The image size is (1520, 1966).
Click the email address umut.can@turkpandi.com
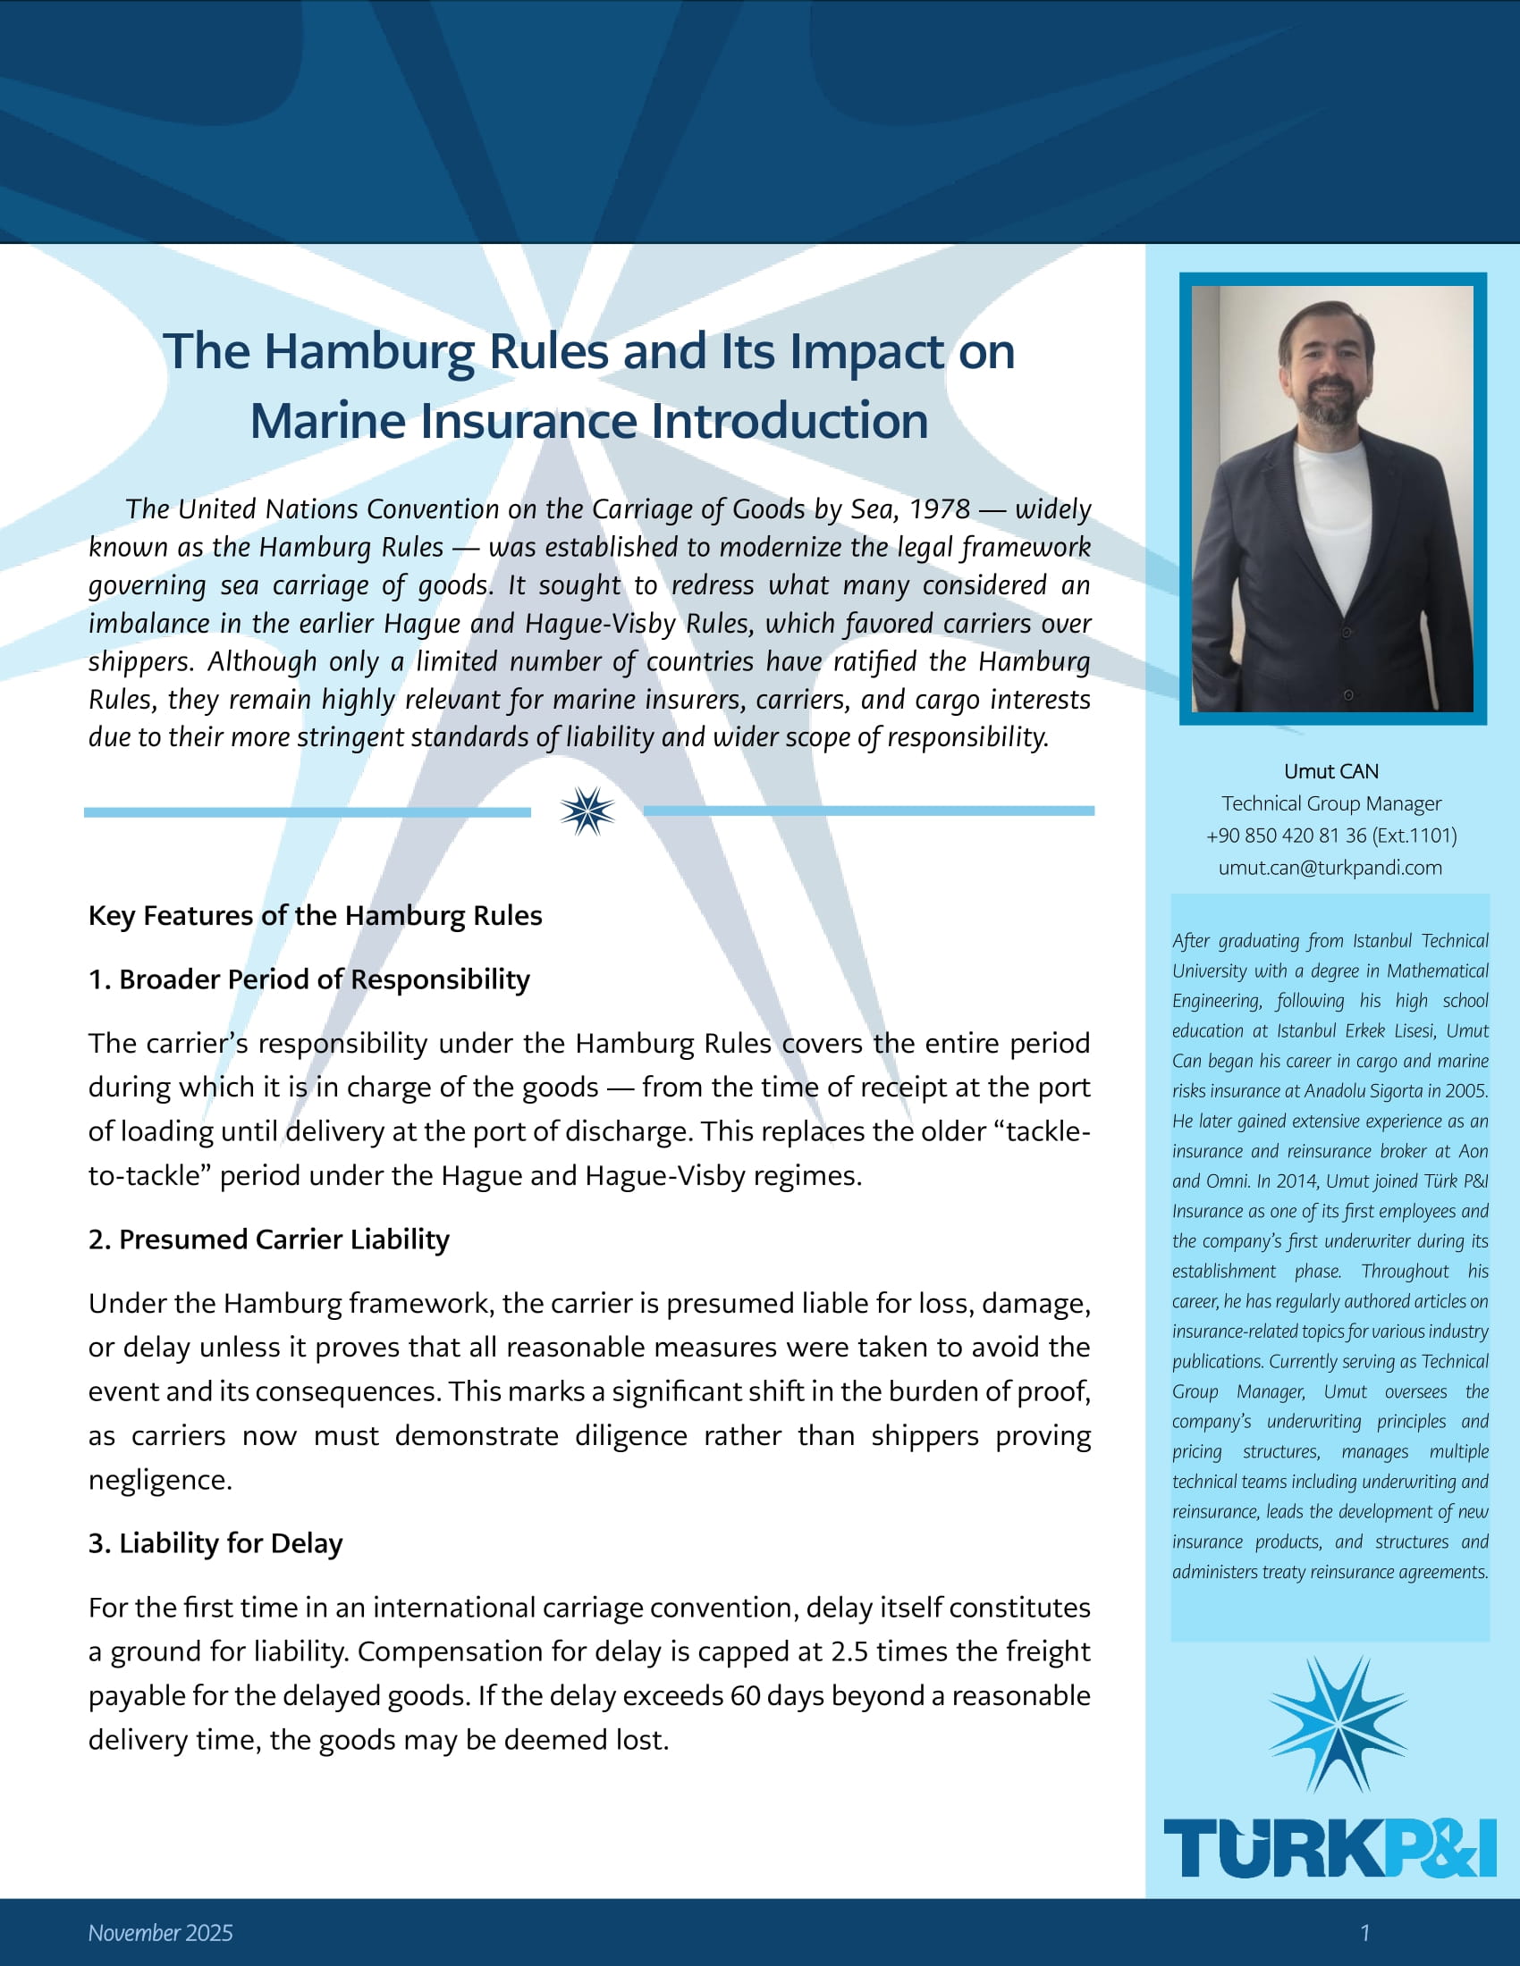coord(1330,868)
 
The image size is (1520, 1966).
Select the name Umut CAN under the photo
coord(1331,771)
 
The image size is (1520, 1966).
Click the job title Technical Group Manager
coord(1331,803)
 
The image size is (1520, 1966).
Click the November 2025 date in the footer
coord(160,1933)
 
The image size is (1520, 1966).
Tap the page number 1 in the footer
coord(1364,1933)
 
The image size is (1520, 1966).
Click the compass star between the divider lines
coord(587,811)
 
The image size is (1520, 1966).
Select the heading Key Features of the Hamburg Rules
coord(315,915)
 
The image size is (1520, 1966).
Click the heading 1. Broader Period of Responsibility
coord(308,979)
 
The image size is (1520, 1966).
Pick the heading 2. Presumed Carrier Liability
coord(268,1239)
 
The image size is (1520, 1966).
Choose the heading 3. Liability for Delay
coord(215,1543)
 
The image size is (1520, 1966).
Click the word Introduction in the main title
coord(789,421)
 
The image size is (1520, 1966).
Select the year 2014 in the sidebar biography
coord(1297,1181)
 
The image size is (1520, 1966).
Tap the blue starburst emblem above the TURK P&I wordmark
coord(1337,1723)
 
